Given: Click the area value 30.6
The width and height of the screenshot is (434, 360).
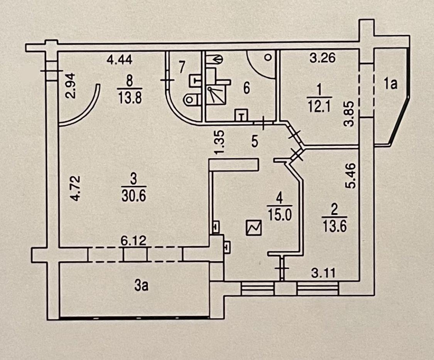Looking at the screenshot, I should tap(133, 196).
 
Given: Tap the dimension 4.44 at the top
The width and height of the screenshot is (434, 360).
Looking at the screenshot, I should tap(120, 61).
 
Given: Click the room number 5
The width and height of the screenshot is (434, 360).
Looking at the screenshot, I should tap(254, 142).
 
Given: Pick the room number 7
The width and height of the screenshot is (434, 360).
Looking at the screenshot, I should tap(182, 67).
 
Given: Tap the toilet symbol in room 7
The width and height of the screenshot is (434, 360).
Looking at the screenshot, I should tap(189, 98).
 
